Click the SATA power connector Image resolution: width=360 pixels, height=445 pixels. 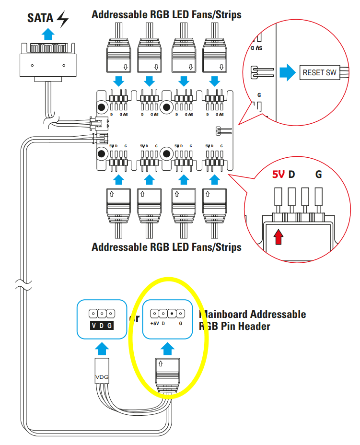(47, 62)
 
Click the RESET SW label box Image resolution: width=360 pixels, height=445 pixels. (319, 73)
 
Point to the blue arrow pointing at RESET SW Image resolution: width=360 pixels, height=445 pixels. (287, 72)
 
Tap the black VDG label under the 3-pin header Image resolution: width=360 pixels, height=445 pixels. (102, 326)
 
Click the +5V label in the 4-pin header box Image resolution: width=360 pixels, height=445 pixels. (154, 324)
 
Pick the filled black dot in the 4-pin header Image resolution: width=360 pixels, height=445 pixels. (172, 313)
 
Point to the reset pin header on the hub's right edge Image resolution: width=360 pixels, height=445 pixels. (221, 130)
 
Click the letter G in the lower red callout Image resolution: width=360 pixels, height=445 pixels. (319, 175)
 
